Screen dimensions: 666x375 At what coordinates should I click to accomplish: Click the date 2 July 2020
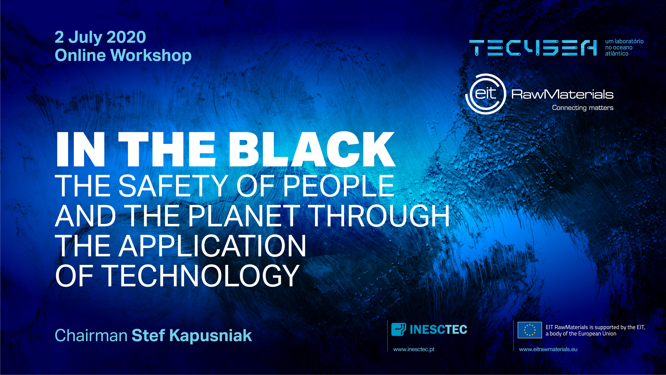[x=100, y=37]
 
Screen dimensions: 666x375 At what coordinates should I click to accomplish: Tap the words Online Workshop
[x=123, y=55]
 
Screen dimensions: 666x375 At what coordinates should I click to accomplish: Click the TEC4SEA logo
[x=533, y=48]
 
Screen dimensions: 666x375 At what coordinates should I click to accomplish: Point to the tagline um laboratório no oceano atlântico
[x=624, y=47]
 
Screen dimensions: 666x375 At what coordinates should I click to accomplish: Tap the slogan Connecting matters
[x=583, y=108]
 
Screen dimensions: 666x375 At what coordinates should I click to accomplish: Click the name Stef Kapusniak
[x=192, y=336]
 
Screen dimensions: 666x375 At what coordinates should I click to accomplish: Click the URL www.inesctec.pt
[x=414, y=349]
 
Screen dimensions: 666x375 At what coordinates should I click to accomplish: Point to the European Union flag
[x=530, y=330]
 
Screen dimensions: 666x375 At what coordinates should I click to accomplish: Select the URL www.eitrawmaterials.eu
[x=548, y=349]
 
